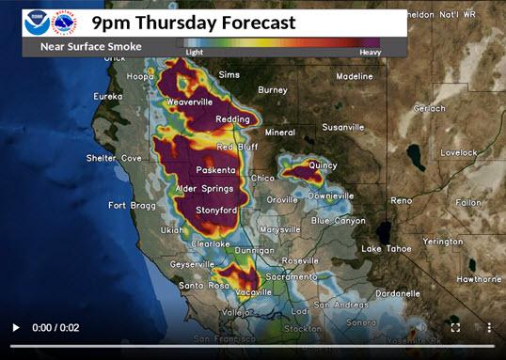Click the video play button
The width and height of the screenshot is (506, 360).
coord(15,327)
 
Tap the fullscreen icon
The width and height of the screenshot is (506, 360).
coord(455,327)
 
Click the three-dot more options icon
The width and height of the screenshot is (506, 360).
coord(489,327)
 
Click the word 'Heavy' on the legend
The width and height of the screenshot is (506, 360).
coord(370,53)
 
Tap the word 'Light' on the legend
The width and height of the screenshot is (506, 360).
coord(194,53)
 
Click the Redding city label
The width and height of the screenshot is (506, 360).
coord(231,120)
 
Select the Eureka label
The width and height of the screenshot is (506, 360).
coord(108,96)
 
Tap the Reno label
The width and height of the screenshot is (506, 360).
coord(402,200)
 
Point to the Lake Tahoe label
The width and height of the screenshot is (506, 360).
coord(384,248)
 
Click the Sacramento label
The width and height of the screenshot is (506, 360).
coord(291,277)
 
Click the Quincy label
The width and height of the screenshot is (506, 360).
coord(322,164)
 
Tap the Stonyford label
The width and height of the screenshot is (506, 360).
coord(214,211)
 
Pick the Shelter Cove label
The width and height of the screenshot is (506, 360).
coord(114,158)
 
